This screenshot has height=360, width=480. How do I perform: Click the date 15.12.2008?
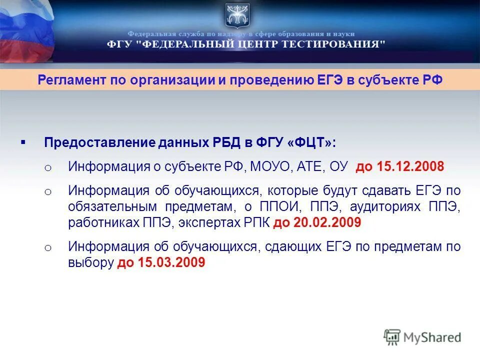[411, 166]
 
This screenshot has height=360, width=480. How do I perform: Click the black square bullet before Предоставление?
[23, 142]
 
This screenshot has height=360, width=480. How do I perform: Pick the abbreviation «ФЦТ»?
[308, 142]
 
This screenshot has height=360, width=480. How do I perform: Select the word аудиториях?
[386, 206]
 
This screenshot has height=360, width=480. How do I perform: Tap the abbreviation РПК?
[255, 222]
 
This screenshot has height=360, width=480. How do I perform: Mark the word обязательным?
[109, 206]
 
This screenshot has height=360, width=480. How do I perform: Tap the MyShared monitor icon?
[392, 337]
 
